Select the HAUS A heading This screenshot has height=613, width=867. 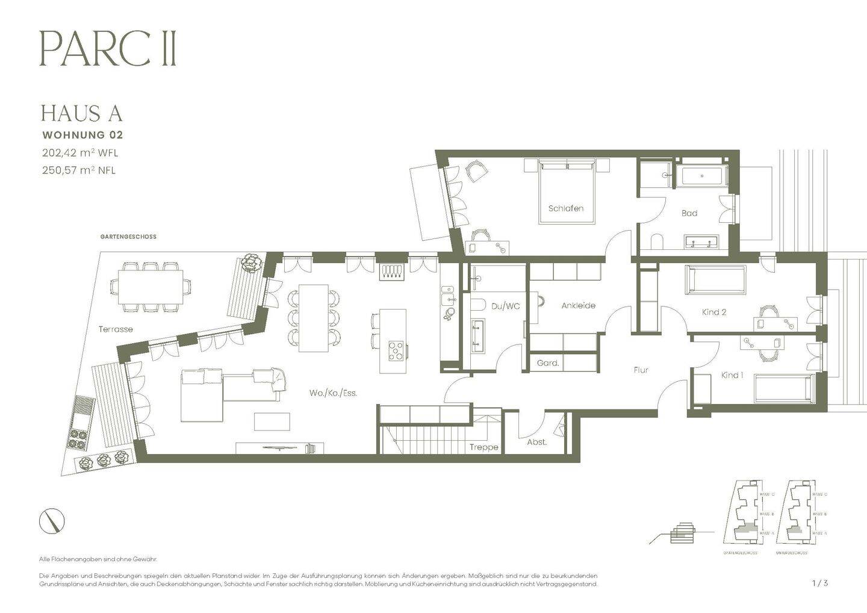(81, 113)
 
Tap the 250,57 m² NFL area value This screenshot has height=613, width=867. (78, 170)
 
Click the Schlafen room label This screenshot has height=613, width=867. (565, 208)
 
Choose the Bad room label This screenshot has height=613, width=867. (689, 213)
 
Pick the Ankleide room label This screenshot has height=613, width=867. (578, 305)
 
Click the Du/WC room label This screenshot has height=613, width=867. (505, 306)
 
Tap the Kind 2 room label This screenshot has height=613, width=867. (714, 312)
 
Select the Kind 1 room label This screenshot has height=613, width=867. (732, 375)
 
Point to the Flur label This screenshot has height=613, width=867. (641, 370)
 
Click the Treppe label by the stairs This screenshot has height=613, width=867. (484, 447)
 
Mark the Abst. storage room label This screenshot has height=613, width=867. (536, 442)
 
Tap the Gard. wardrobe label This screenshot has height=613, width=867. (548, 363)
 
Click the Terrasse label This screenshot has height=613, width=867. (116, 329)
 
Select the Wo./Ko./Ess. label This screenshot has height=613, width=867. (333, 393)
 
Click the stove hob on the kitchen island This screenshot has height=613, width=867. (396, 350)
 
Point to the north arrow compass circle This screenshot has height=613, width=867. (52, 521)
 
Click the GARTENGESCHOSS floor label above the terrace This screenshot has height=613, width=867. (128, 237)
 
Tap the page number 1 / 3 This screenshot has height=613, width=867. (820, 583)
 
